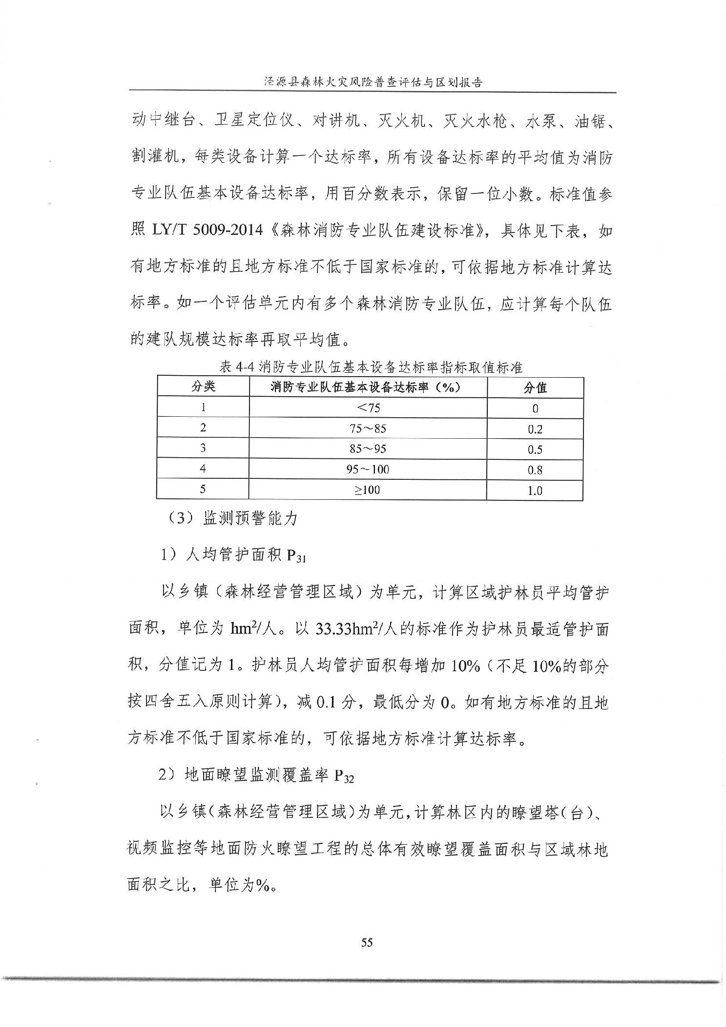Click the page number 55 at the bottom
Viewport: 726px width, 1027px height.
coord(367,942)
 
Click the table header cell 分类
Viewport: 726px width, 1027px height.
coord(203,387)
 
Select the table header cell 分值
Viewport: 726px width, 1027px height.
coord(535,388)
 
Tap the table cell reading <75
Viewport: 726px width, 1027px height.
coord(368,408)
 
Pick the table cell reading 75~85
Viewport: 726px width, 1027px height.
coord(368,428)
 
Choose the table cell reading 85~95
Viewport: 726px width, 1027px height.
coord(368,449)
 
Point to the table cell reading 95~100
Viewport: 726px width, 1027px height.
coord(368,469)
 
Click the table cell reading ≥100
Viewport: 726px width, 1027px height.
coord(368,490)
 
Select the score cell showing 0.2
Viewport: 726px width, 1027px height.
coord(535,429)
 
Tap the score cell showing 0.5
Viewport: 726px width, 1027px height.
coord(535,450)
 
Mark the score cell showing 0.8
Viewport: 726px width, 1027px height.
coord(535,471)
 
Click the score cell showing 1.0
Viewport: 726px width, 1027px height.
coord(535,491)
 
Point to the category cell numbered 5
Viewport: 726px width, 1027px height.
coord(203,489)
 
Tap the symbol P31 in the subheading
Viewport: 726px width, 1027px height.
coord(296,556)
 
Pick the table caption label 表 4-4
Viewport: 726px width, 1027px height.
coord(238,366)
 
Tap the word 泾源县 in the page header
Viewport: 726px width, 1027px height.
coord(281,82)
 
